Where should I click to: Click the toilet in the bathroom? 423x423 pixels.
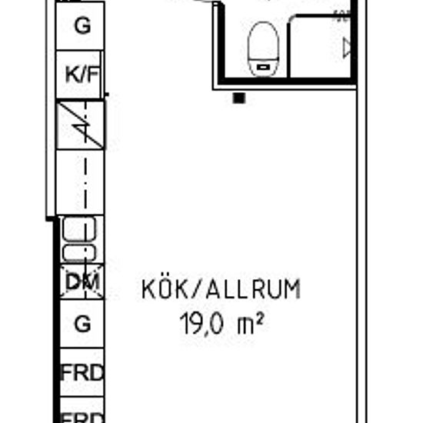262,48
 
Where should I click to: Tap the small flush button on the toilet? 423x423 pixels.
262,67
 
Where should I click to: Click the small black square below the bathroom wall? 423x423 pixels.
239,98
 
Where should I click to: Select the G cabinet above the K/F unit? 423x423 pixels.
81,25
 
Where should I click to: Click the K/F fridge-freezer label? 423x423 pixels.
81,75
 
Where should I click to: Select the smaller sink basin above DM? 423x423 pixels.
78,253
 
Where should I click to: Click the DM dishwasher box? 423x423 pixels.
81,281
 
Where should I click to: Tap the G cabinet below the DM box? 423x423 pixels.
81,324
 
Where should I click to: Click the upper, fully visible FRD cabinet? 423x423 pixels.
82,375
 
